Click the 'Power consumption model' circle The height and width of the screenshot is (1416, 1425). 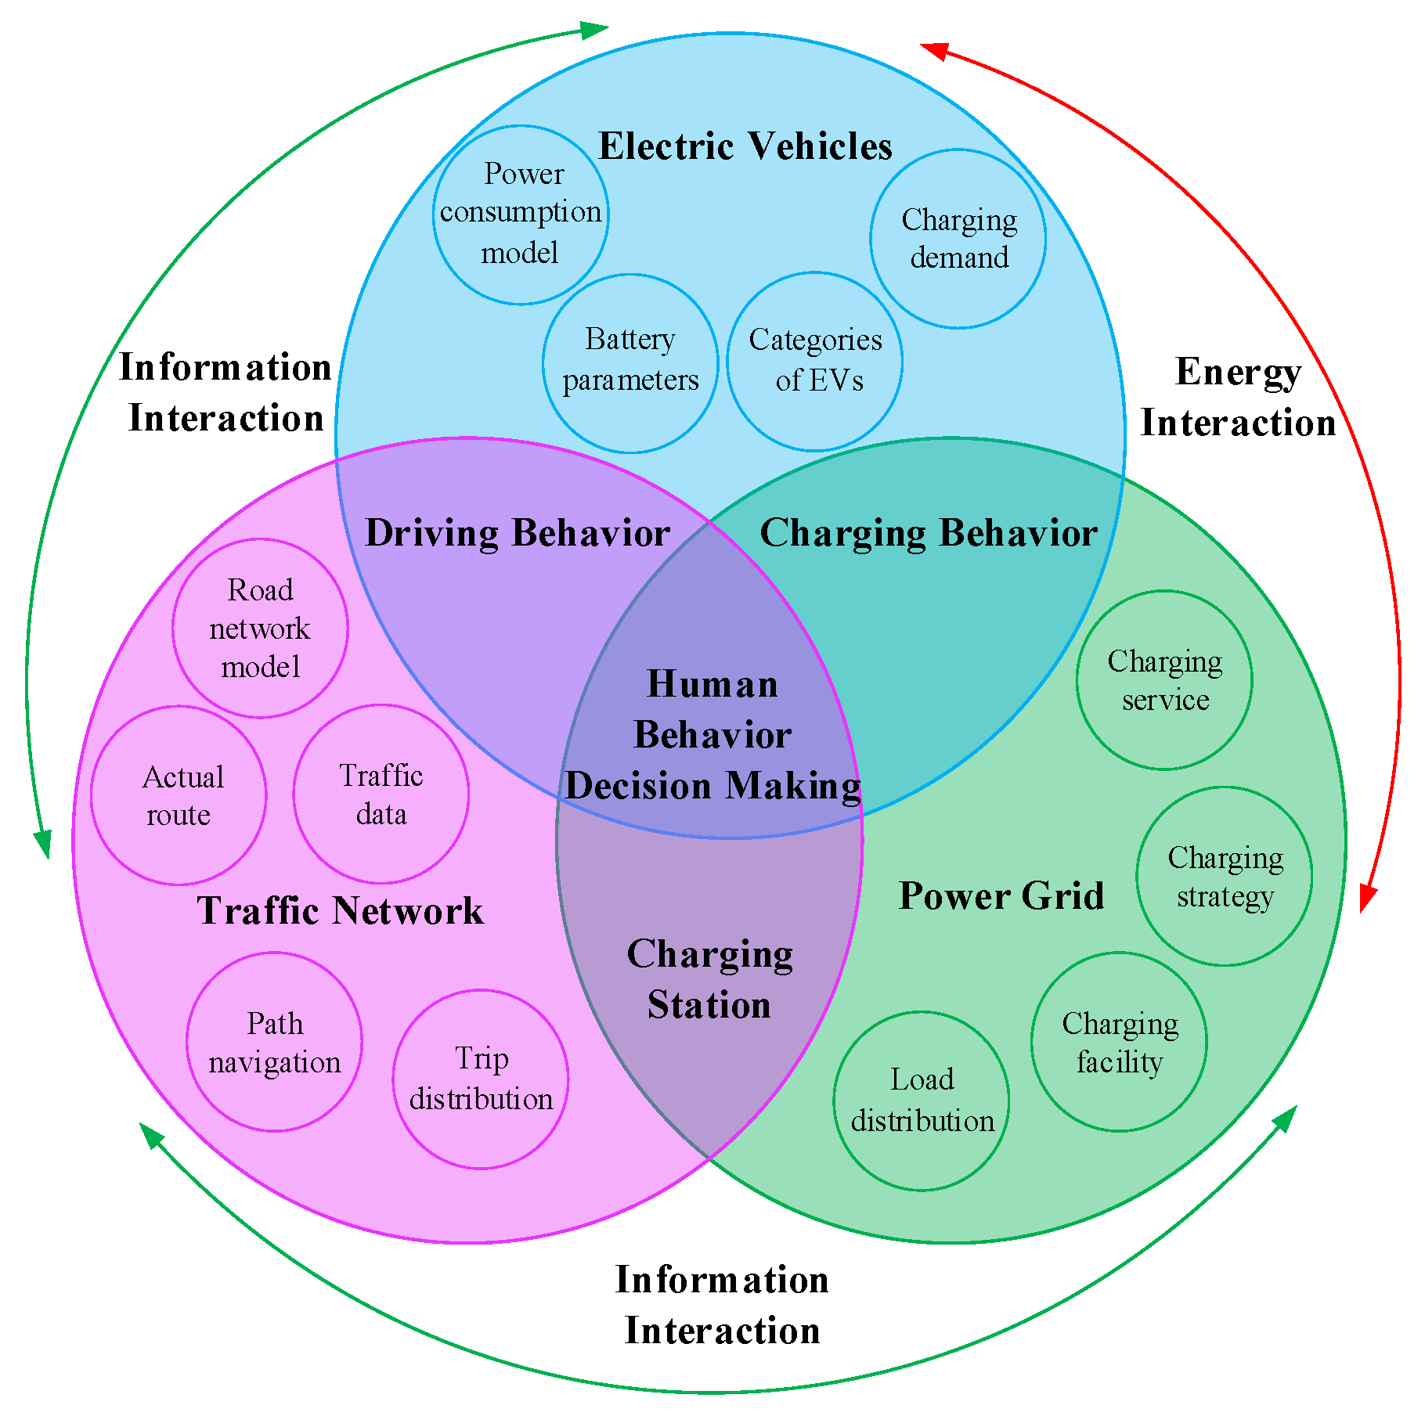point(521,214)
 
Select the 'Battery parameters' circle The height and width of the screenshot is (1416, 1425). point(630,362)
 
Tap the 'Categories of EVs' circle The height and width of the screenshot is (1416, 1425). point(814,362)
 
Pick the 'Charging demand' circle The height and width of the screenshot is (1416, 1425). point(958,239)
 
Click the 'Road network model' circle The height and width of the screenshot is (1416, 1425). point(260,628)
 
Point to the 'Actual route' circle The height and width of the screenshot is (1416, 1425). point(179,795)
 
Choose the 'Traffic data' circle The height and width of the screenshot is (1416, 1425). point(381,794)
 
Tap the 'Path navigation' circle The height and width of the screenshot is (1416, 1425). point(274,1042)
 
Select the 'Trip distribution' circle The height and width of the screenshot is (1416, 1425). point(481,1079)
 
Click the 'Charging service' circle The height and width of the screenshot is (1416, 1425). point(1164,680)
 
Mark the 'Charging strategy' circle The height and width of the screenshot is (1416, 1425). point(1225,876)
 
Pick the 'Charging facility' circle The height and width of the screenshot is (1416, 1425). point(1119,1042)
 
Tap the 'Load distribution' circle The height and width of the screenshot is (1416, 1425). point(922,1101)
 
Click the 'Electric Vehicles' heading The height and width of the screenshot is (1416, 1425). point(745,146)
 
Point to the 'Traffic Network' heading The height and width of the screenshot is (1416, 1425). point(340,910)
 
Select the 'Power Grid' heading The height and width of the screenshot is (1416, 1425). point(1001,895)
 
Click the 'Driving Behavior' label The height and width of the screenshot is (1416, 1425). point(517,533)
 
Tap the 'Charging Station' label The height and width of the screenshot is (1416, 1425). point(709,979)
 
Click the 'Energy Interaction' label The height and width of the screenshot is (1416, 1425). point(1238,397)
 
